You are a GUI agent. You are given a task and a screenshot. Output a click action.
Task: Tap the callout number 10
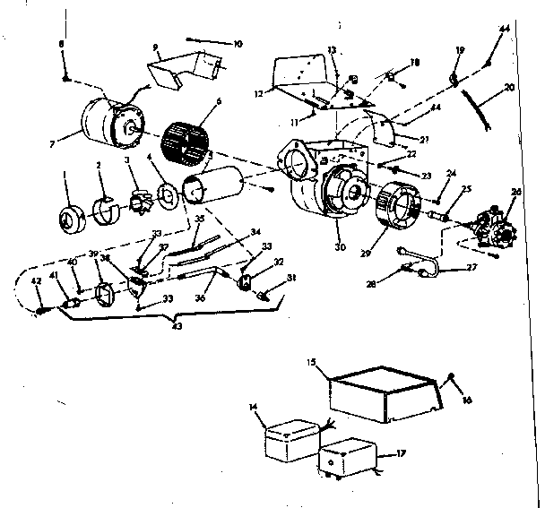(238, 44)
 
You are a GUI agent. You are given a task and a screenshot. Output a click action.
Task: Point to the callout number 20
(508, 88)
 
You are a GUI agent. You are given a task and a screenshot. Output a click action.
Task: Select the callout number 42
(38, 280)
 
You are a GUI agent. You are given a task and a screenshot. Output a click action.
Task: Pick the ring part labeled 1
(71, 218)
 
